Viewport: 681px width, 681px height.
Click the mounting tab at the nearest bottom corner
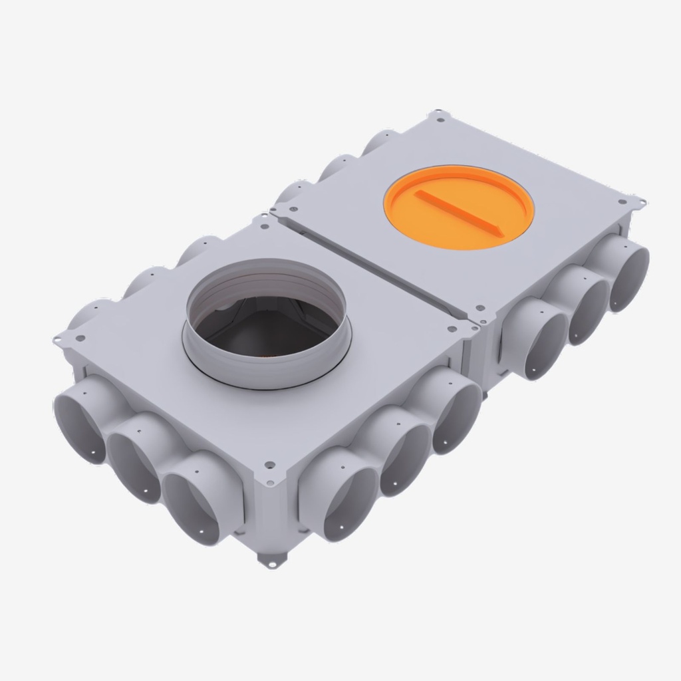[x=269, y=562]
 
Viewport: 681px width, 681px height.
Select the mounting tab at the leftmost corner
[x=59, y=339]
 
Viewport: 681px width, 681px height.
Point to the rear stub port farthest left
[x=83, y=313]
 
